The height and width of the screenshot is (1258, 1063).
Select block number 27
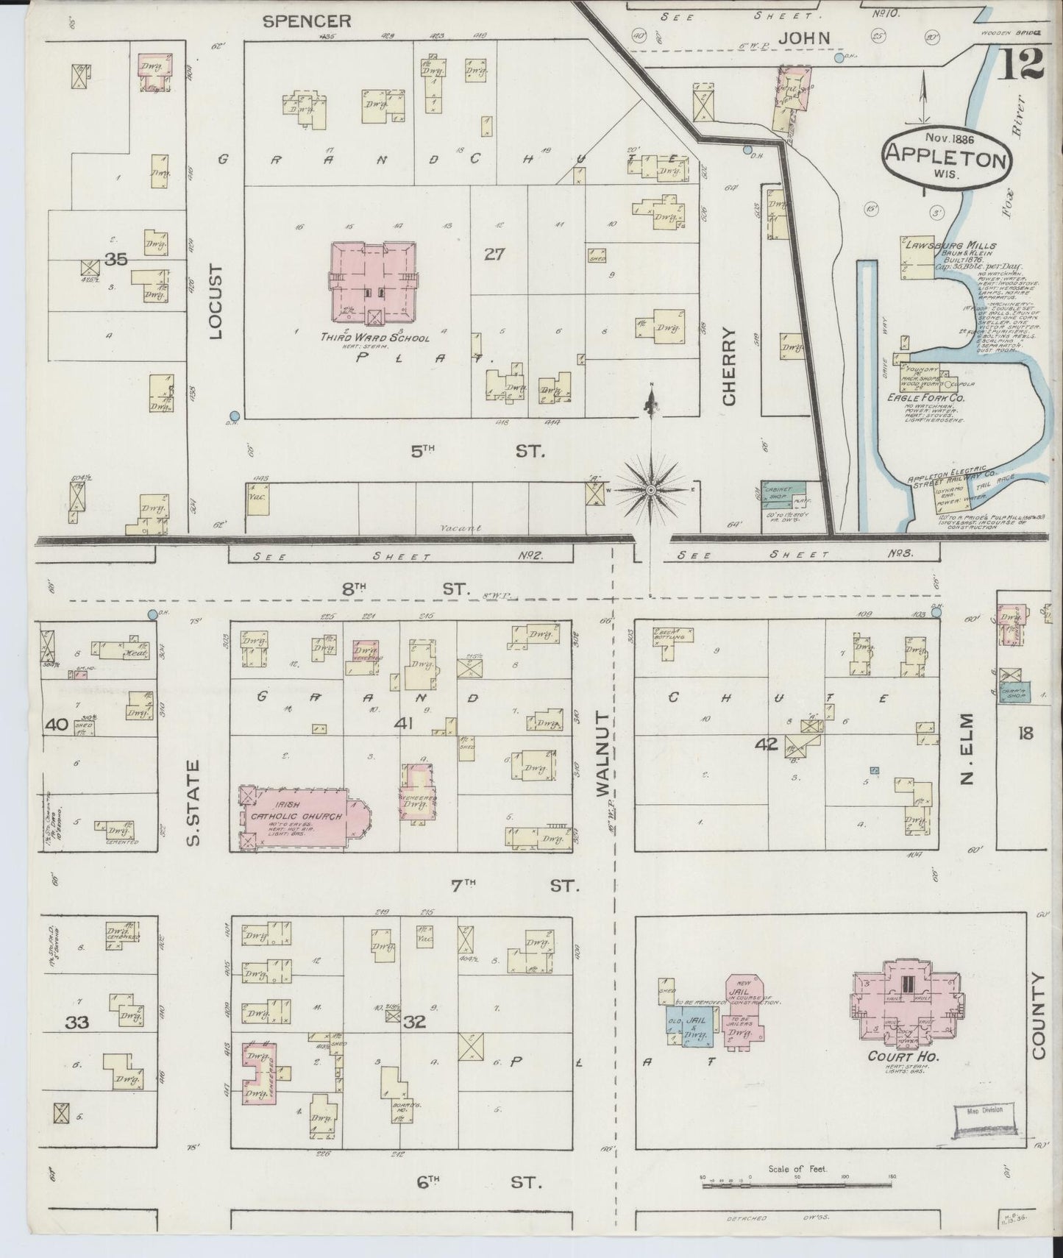click(x=494, y=255)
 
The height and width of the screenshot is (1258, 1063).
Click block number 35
click(x=115, y=259)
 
